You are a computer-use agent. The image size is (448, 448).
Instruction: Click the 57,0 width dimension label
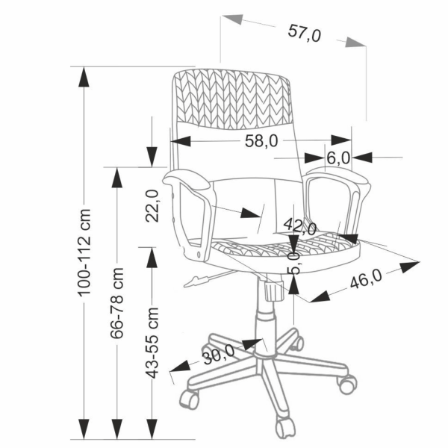click(305, 33)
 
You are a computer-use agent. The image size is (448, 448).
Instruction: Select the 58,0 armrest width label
click(261, 141)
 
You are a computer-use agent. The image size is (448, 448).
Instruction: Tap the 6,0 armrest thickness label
click(338, 158)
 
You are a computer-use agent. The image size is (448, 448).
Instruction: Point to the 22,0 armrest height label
click(152, 206)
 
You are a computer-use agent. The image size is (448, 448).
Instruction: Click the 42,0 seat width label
click(300, 226)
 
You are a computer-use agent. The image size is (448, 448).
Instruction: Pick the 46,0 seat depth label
click(366, 279)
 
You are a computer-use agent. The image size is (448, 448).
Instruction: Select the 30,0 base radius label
click(219, 355)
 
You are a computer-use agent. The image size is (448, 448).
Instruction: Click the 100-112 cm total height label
click(84, 252)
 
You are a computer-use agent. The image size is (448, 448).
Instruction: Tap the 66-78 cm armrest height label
click(117, 303)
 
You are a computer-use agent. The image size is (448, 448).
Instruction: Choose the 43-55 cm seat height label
click(152, 343)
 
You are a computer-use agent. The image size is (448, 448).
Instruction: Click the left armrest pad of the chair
click(187, 179)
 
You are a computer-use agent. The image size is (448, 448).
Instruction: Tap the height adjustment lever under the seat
click(209, 278)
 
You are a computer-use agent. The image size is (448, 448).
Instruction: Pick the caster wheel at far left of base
click(189, 399)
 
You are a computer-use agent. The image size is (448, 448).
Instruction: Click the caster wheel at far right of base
click(347, 384)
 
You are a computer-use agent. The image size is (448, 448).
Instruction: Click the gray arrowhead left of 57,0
click(232, 19)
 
